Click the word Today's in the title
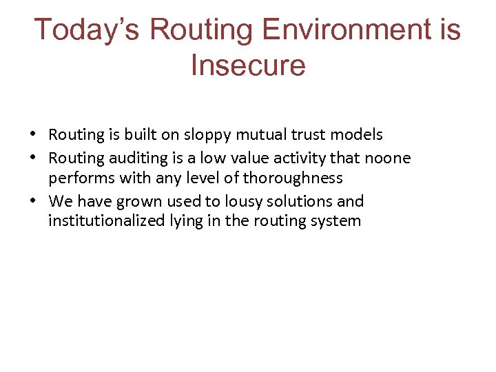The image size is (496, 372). pos(87,31)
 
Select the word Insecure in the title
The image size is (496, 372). pos(248,65)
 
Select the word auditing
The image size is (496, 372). pos(124,158)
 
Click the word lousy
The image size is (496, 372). pos(251,202)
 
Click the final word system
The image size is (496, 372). pos(337,222)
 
